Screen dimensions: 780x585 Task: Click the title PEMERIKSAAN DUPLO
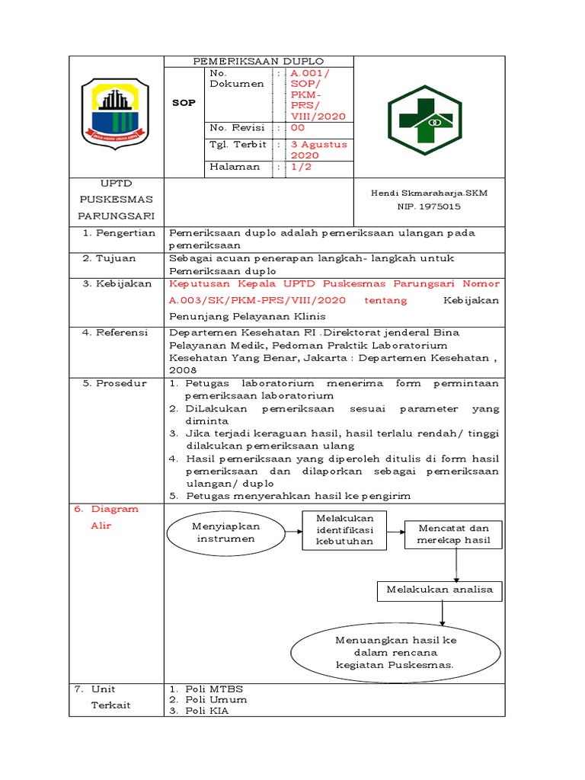(258, 61)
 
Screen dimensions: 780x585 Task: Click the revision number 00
(297, 128)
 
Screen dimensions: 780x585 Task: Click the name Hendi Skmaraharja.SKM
(429, 193)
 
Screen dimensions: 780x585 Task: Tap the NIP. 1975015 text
(429, 206)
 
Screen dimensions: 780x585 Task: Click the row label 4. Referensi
(119, 332)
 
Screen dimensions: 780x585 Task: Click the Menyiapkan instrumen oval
(226, 532)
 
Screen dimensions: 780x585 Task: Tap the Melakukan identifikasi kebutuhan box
(345, 529)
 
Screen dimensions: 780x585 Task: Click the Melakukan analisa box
(440, 590)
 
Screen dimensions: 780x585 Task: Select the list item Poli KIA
(206, 711)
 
